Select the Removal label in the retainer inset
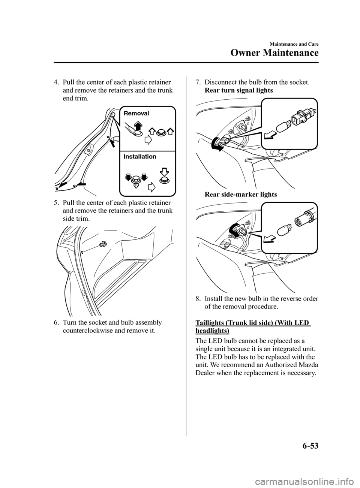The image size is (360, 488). coord(136,113)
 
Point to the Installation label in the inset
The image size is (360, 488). coord(139,157)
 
